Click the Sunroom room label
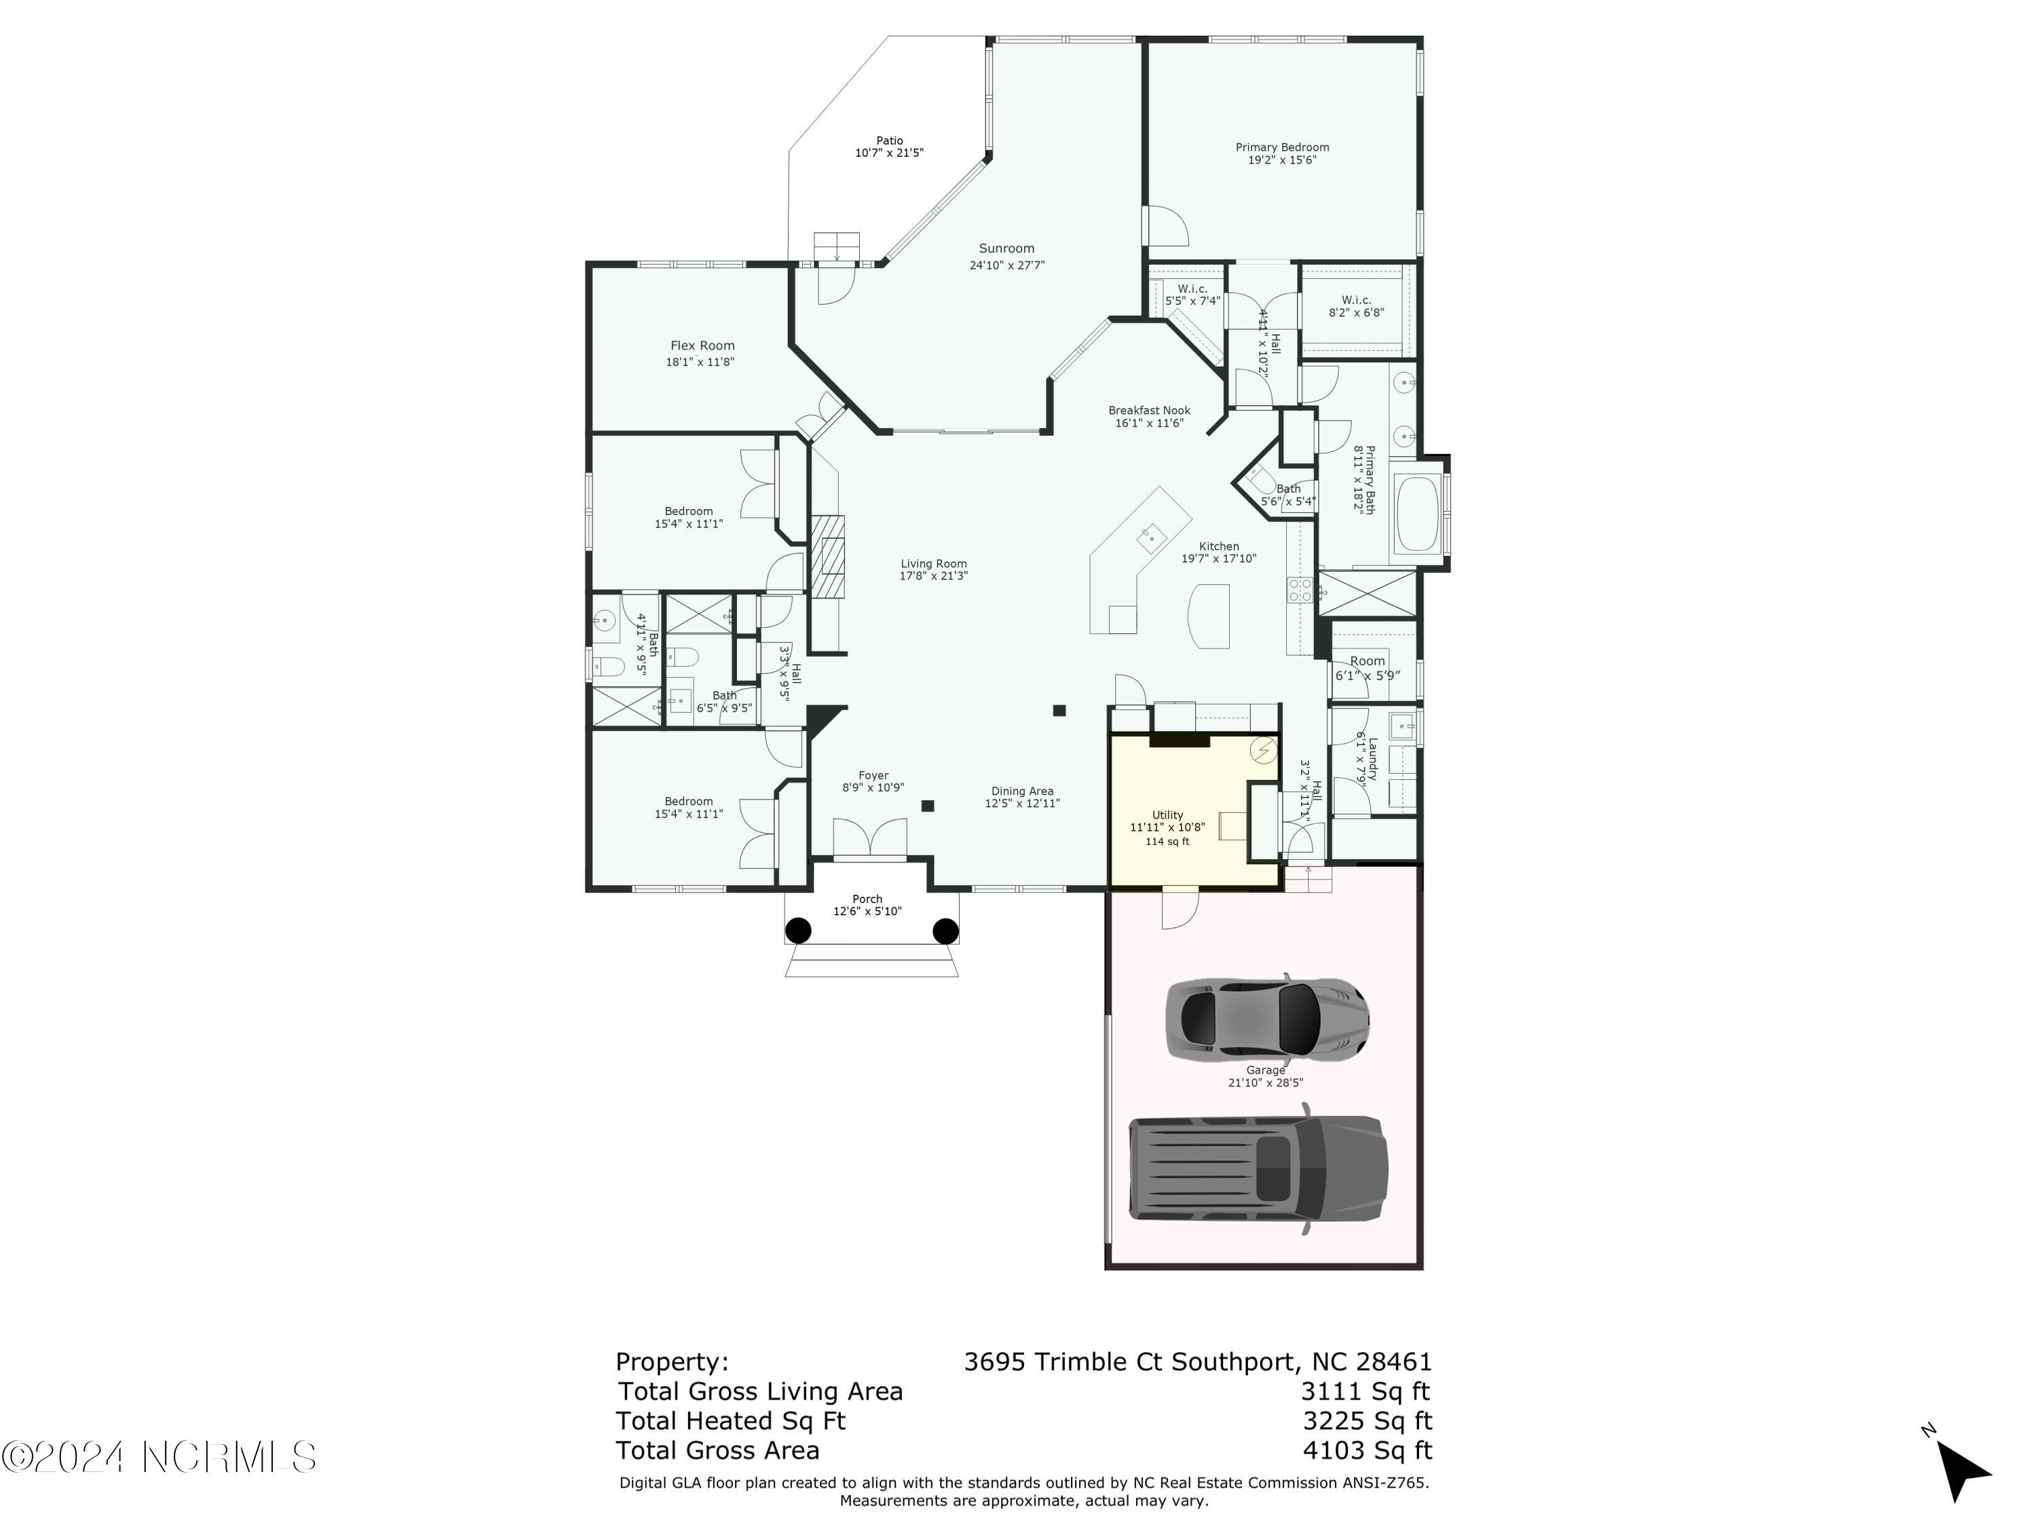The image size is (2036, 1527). [1006, 248]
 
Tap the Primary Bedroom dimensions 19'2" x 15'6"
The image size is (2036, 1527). [1281, 160]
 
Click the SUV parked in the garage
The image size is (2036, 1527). [1258, 1168]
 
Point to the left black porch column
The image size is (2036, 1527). [798, 930]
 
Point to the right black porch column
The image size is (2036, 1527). [945, 930]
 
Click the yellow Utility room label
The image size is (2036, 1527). [1167, 814]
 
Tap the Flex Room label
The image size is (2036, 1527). [702, 346]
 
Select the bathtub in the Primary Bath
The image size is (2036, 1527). [1416, 512]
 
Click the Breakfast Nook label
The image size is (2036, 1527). [1149, 411]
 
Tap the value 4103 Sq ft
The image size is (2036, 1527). [1367, 1450]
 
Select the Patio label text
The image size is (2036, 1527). [889, 141]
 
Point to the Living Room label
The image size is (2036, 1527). [933, 563]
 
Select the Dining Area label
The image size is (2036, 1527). [1021, 791]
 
